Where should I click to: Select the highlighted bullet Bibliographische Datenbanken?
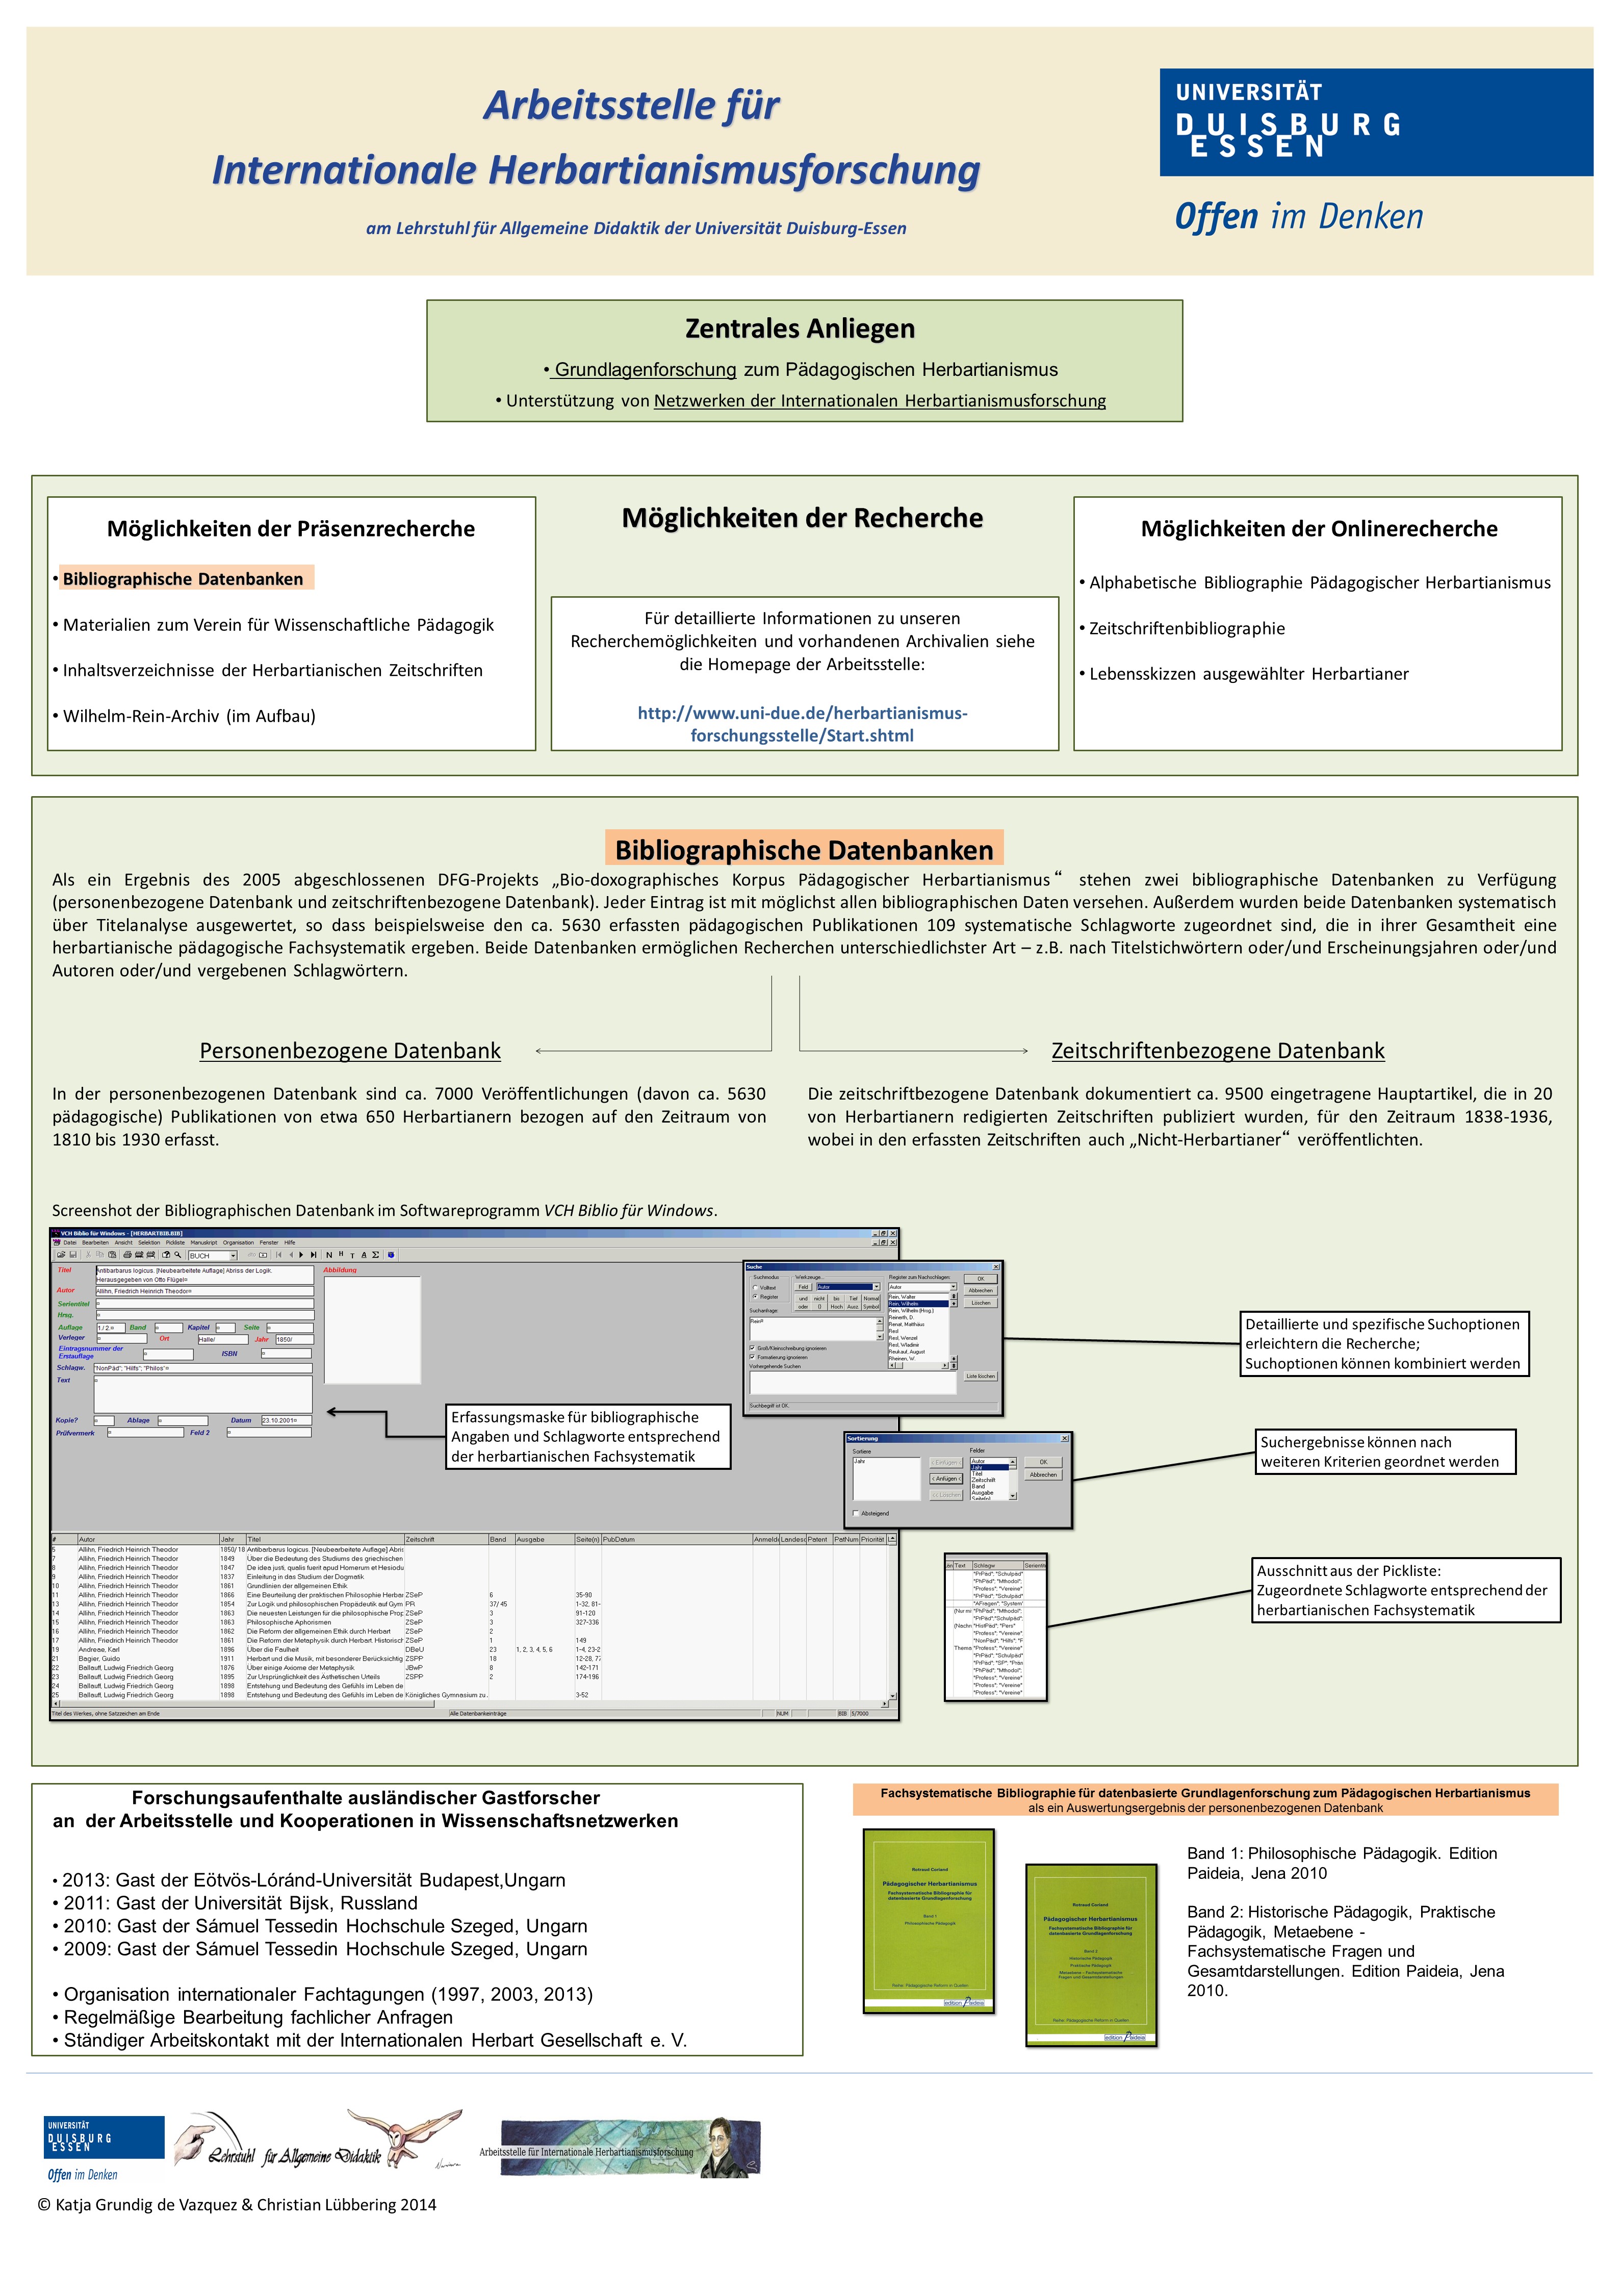tap(184, 579)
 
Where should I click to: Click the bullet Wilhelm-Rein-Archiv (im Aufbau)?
tap(189, 716)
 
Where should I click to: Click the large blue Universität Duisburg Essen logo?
tap(1374, 123)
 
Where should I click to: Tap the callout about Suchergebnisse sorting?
tap(1384, 1451)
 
